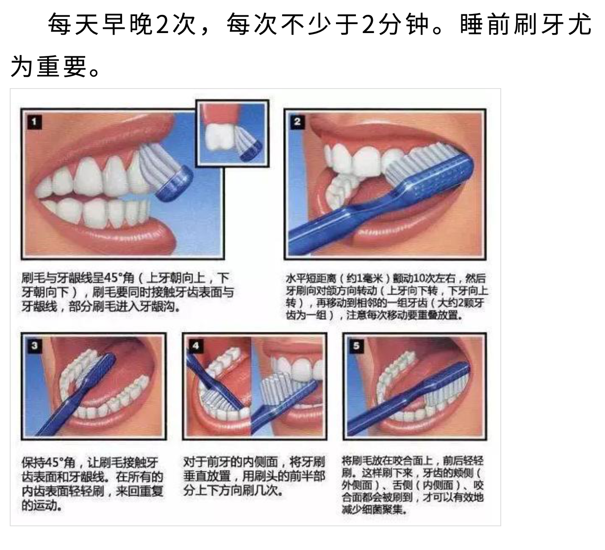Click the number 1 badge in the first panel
(34, 122)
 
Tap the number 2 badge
(297, 122)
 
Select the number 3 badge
(34, 346)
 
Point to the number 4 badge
(196, 346)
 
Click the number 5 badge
(356, 346)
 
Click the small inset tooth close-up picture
(232, 133)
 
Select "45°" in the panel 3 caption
(56, 462)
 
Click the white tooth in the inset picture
(219, 137)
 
